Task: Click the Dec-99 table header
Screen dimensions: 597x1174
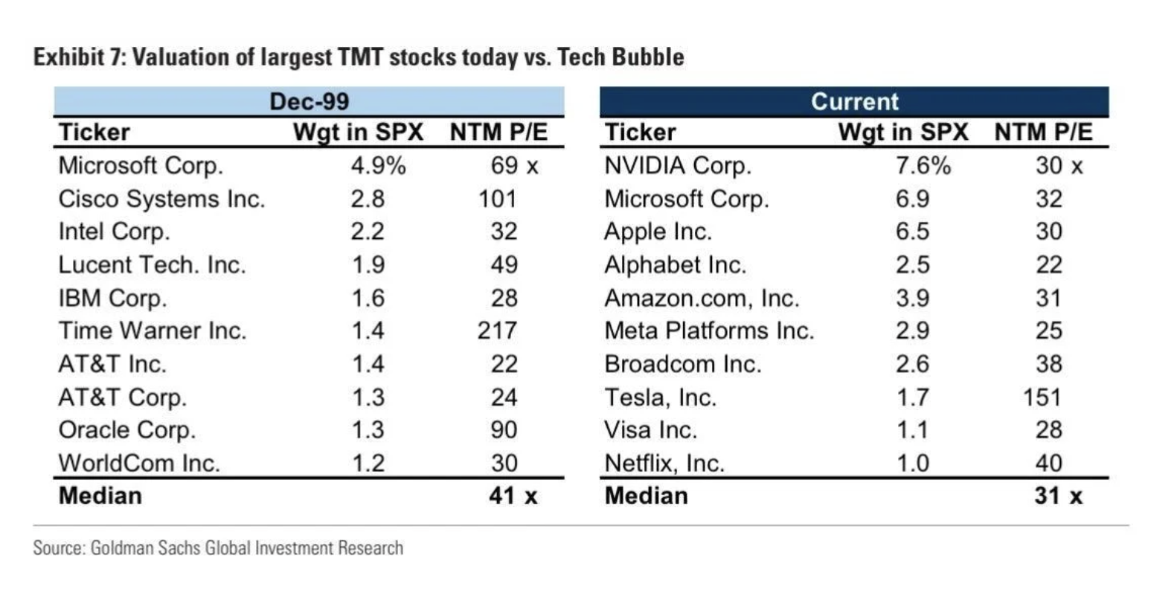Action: point(309,101)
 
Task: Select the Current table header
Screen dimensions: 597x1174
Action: point(854,101)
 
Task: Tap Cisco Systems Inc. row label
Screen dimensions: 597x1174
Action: point(161,199)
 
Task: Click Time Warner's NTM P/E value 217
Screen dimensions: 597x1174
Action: point(497,331)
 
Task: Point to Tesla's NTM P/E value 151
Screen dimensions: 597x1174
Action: point(1042,397)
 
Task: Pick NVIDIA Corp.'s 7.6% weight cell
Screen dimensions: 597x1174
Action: point(923,165)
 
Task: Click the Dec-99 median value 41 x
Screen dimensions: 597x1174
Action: point(513,496)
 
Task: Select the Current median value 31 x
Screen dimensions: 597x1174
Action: point(1058,496)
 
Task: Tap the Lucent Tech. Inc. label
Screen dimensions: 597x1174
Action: point(152,265)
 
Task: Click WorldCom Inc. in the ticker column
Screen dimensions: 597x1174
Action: point(139,463)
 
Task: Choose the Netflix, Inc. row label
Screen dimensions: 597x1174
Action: point(664,463)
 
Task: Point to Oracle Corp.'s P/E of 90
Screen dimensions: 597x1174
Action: point(504,430)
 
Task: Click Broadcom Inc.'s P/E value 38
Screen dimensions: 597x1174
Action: point(1048,364)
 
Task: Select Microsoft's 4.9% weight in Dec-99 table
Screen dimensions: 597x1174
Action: point(378,165)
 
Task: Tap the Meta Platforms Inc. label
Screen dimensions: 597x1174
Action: point(709,331)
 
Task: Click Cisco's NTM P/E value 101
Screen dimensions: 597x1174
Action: point(497,199)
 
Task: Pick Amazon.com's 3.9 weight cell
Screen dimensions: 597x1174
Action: point(912,298)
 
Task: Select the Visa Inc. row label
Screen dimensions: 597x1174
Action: point(650,430)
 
